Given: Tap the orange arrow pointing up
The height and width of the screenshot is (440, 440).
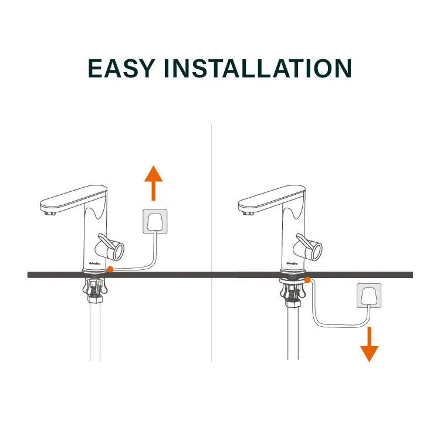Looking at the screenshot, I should pyautogui.click(x=154, y=182).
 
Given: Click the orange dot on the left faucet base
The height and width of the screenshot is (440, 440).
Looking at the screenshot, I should pyautogui.click(x=112, y=269).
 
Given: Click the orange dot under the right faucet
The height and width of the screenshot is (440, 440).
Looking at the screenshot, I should pyautogui.click(x=307, y=280).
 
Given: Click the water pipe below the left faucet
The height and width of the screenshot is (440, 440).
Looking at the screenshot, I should pyautogui.click(x=95, y=334).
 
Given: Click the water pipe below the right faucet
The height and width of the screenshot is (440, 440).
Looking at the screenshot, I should pyautogui.click(x=293, y=334).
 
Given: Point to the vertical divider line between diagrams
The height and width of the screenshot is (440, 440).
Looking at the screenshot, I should pyautogui.click(x=212, y=235).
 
